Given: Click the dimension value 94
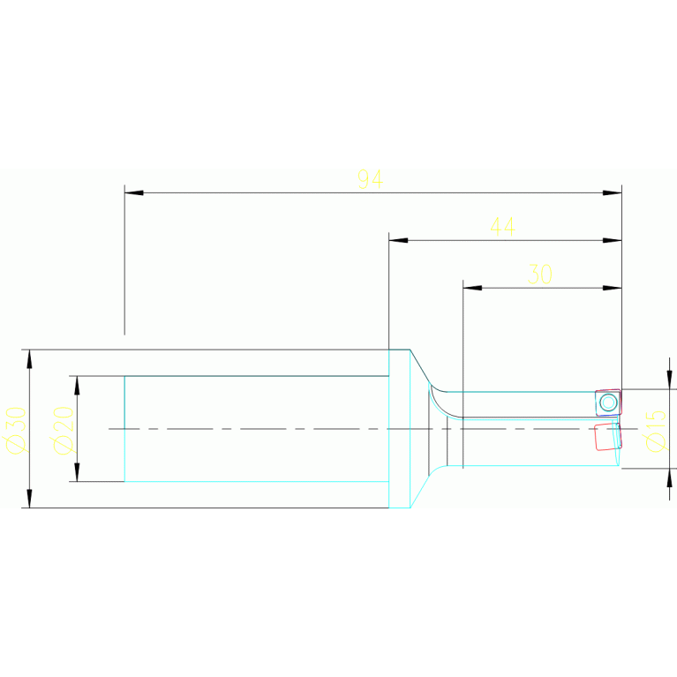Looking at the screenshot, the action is (x=370, y=178).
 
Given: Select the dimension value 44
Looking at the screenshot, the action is (x=502, y=227).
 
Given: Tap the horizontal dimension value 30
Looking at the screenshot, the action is (x=539, y=275).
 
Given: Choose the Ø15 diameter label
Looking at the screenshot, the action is (x=655, y=430).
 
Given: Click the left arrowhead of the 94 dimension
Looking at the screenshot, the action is (x=133, y=192).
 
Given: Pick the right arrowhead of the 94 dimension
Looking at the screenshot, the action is (x=613, y=192).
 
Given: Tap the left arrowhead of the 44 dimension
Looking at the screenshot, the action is (x=398, y=240).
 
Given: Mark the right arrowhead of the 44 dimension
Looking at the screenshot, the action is (x=613, y=240).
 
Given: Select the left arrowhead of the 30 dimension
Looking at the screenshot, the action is (x=472, y=288).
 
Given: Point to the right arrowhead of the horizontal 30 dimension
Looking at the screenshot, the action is (x=613, y=288).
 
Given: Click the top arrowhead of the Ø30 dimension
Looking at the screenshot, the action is (x=29, y=358).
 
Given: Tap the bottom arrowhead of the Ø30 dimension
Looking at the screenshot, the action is (x=29, y=499).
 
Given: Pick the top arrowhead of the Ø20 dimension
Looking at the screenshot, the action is (x=77, y=385).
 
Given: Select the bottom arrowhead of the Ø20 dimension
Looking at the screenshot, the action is (x=77, y=472).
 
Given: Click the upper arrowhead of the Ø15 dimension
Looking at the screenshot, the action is (x=669, y=380).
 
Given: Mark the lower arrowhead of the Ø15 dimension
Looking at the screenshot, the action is (x=669, y=478).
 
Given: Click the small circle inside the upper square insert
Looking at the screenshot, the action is (x=608, y=402).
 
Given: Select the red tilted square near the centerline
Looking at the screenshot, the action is (x=608, y=436).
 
